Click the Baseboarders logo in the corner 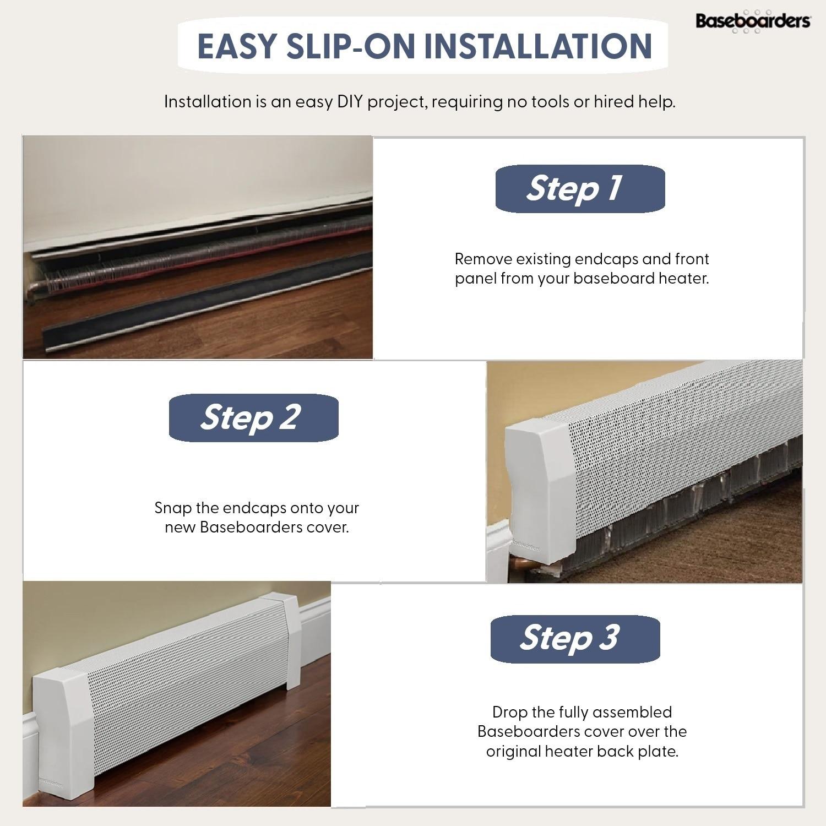click(753, 21)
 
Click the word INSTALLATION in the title click(538, 46)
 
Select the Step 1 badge click(580, 188)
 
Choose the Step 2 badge click(253, 417)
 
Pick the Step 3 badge click(575, 638)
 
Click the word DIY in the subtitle click(350, 102)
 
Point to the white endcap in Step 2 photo click(537, 485)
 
